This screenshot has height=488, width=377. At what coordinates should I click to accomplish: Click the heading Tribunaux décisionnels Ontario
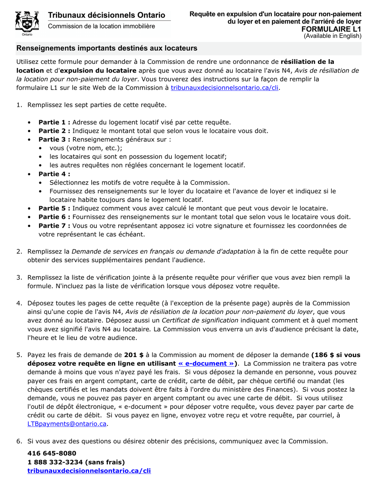coord(106,15)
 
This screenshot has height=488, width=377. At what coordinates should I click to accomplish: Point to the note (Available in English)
coord(333,36)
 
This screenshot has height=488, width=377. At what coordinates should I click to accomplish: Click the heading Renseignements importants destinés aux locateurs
coord(106,48)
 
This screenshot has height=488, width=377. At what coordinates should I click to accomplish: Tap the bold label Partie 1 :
coord(54,122)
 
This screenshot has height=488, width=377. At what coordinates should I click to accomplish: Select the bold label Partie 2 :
coord(54,131)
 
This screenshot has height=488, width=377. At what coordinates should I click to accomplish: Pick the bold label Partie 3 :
coord(54,140)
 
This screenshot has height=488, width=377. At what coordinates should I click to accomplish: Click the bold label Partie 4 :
coord(54,174)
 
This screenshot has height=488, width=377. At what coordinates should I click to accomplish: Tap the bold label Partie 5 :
coord(54,208)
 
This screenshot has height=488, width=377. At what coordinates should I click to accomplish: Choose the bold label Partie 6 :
coord(54,217)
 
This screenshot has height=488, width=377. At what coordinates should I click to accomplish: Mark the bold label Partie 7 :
coord(54,226)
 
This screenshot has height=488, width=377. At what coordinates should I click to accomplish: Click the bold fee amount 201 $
coord(134,355)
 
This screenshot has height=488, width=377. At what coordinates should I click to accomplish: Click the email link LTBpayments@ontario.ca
coord(67,424)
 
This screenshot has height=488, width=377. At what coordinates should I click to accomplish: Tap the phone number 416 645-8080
coord(52,453)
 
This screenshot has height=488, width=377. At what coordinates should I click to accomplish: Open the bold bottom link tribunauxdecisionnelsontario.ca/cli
coord(89,471)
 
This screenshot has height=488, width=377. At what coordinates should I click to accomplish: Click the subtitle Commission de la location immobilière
coord(102,26)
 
